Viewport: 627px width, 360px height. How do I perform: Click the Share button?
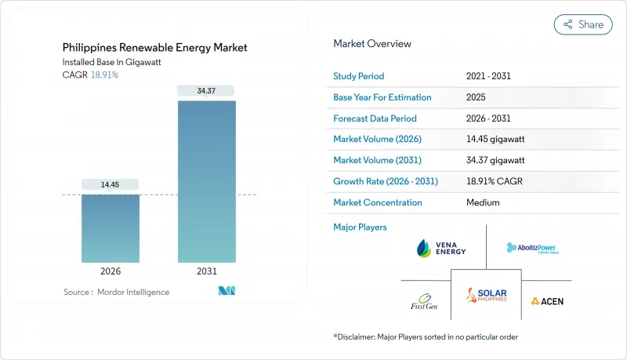[x=583, y=24]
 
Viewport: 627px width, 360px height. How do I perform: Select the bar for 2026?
[x=111, y=228]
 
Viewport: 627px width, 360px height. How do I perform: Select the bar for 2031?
[x=206, y=180]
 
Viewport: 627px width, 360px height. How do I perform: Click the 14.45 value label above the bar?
[x=111, y=184]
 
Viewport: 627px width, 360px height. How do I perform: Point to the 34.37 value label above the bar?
[x=206, y=91]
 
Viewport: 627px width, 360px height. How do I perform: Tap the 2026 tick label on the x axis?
[x=111, y=271]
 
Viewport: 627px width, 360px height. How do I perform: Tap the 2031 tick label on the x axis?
[x=206, y=271]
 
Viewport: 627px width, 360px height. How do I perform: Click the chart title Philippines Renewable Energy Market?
[x=155, y=48]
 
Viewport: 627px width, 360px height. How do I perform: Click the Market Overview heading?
[x=371, y=44]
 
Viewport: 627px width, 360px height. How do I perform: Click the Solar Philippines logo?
[x=486, y=296]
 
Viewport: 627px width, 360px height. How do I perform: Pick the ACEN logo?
[x=546, y=301]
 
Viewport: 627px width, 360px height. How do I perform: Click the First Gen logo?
[x=424, y=302]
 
